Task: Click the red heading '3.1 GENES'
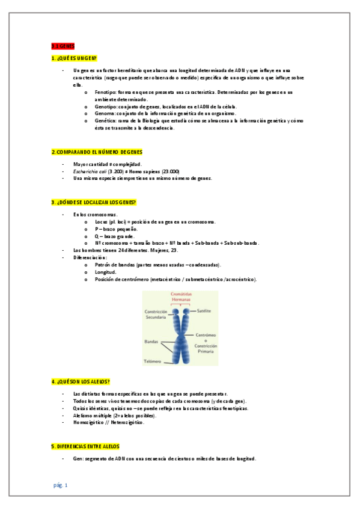tap(63, 46)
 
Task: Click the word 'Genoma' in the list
tap(104, 113)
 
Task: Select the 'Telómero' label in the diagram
tap(152, 361)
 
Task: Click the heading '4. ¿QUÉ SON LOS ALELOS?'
tap(81, 382)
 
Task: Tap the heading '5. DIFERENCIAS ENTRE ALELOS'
tap(85, 446)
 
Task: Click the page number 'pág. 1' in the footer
tap(61, 485)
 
